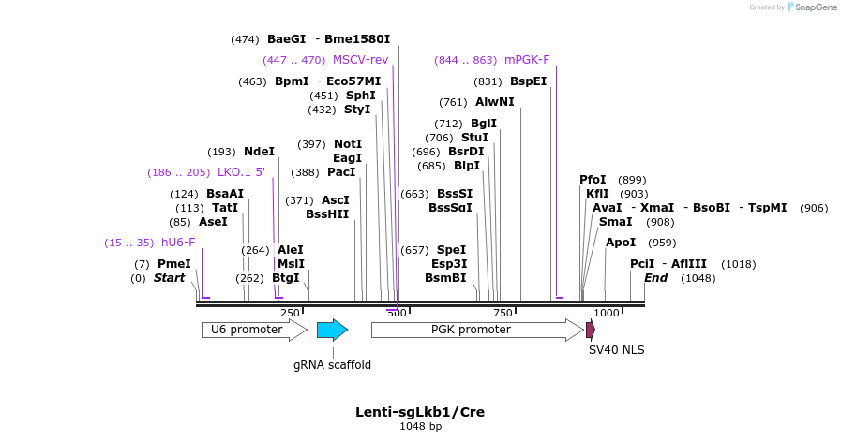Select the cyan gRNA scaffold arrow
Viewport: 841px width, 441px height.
click(x=332, y=330)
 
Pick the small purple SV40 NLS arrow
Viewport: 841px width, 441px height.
click(x=591, y=330)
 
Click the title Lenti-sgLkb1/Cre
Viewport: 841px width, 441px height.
click(x=420, y=412)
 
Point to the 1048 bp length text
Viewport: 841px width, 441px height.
click(x=420, y=427)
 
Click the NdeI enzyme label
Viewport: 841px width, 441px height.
click(x=259, y=152)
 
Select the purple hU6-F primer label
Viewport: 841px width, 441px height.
click(x=176, y=243)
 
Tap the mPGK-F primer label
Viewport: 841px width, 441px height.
click(x=527, y=60)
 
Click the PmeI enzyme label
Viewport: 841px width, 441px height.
click(x=173, y=264)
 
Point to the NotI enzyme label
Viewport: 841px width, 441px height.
click(x=348, y=144)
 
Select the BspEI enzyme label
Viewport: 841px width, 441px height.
click(x=529, y=81)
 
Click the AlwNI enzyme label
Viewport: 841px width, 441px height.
click(x=495, y=102)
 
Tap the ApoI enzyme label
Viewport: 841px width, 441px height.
click(x=621, y=243)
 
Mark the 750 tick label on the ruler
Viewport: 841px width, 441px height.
click(x=503, y=313)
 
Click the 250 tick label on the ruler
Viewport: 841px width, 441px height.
click(x=290, y=313)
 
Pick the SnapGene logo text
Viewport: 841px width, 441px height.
click(x=812, y=7)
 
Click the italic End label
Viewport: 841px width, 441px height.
click(x=655, y=278)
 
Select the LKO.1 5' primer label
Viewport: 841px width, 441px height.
click(x=241, y=172)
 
